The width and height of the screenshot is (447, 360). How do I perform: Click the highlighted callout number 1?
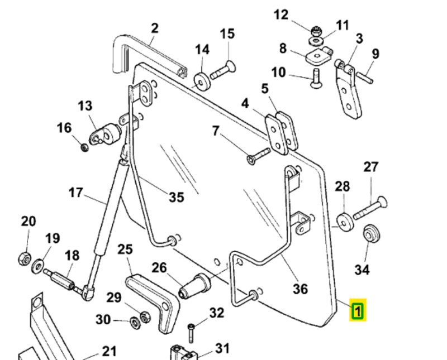click(x=358, y=310)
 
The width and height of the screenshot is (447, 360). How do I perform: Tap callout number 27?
click(x=371, y=167)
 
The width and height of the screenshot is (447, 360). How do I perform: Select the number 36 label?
click(x=301, y=289)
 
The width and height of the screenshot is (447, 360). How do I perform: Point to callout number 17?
click(x=76, y=193)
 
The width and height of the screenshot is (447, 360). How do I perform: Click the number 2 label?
click(x=155, y=27)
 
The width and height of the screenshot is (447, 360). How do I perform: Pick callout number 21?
click(x=109, y=351)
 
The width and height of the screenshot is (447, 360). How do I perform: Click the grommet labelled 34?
click(x=369, y=233)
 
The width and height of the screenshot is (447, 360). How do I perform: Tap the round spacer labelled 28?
click(x=344, y=222)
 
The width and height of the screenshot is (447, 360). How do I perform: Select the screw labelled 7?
click(x=259, y=155)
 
